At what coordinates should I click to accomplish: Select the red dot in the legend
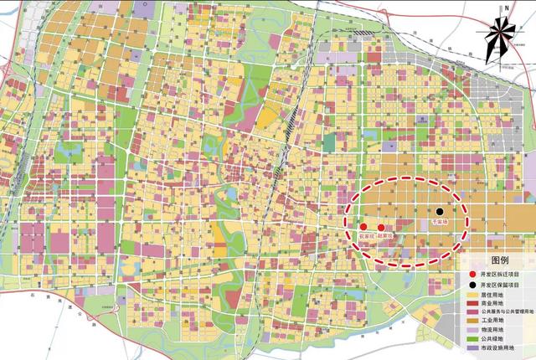pos(473,273)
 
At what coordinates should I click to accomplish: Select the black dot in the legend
pos(473,284)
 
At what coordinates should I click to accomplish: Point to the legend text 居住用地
pos(494,295)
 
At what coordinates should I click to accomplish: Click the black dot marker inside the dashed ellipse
pos(437,212)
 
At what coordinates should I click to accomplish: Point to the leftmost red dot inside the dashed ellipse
pos(363,227)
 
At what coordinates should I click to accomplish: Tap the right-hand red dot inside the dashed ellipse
pos(381,227)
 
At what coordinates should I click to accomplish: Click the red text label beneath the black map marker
pos(437,224)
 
